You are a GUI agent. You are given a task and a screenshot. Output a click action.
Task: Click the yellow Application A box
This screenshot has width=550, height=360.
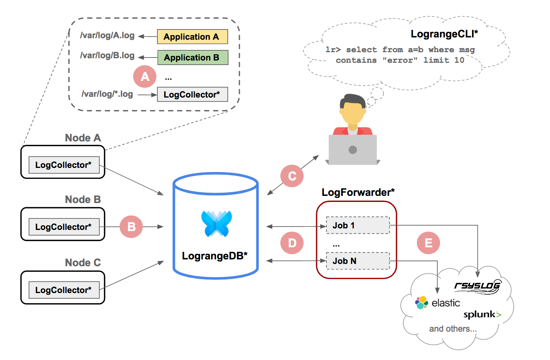click(193, 37)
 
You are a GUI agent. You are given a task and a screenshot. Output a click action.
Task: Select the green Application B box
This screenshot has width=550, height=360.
click(193, 57)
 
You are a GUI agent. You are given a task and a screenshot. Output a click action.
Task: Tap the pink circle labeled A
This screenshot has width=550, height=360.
click(144, 77)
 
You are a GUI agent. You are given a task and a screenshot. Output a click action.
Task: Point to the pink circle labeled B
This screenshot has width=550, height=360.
click(131, 227)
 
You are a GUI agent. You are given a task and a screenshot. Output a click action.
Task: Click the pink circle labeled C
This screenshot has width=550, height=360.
click(292, 176)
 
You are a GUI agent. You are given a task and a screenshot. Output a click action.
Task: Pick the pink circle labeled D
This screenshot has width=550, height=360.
click(292, 243)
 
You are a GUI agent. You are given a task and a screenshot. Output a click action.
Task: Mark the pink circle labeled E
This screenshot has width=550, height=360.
click(428, 243)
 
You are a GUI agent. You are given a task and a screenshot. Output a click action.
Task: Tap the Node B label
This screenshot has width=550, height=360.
click(83, 199)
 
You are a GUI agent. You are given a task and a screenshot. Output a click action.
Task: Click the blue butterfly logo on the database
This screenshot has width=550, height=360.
click(216, 223)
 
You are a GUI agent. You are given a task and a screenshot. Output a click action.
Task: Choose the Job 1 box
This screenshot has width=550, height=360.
click(358, 225)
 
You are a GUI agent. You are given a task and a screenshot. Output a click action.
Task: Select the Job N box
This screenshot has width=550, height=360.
click(358, 261)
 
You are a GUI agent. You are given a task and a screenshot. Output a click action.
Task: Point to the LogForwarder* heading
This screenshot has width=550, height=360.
click(358, 192)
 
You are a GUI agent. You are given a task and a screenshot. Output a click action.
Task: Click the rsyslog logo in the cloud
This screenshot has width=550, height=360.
click(478, 286)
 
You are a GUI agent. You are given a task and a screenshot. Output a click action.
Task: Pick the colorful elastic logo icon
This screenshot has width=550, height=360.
click(421, 303)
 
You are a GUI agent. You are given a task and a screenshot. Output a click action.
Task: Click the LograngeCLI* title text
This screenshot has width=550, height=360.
click(444, 34)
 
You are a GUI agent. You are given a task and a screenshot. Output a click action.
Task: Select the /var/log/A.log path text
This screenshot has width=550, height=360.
click(107, 35)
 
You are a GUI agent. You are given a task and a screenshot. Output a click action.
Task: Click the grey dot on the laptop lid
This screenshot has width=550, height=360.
click(353, 150)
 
